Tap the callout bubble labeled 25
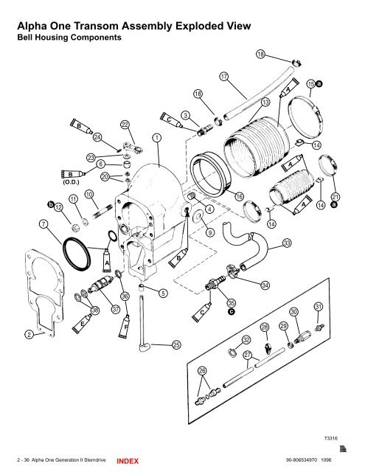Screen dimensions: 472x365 point(176,344)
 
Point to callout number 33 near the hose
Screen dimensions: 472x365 point(286,243)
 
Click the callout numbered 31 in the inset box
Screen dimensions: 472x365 point(319,306)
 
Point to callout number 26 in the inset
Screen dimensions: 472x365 point(202,371)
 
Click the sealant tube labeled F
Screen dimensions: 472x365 point(127,322)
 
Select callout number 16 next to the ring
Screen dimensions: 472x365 point(239,196)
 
